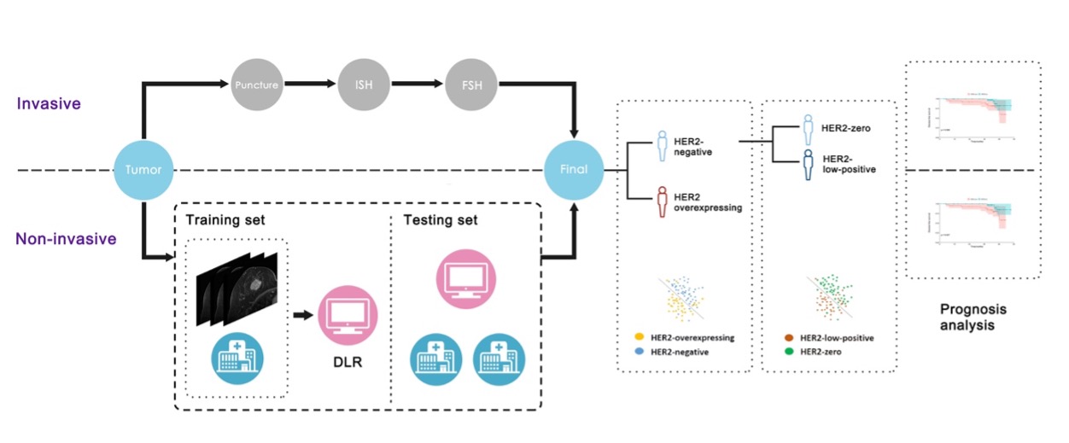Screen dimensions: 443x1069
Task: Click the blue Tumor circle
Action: coord(142,169)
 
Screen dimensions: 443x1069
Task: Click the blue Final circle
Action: coord(574,169)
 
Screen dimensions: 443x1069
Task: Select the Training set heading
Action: coord(225,220)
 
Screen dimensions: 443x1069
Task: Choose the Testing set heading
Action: coord(441,220)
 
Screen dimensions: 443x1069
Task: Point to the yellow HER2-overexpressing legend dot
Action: coord(638,338)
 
